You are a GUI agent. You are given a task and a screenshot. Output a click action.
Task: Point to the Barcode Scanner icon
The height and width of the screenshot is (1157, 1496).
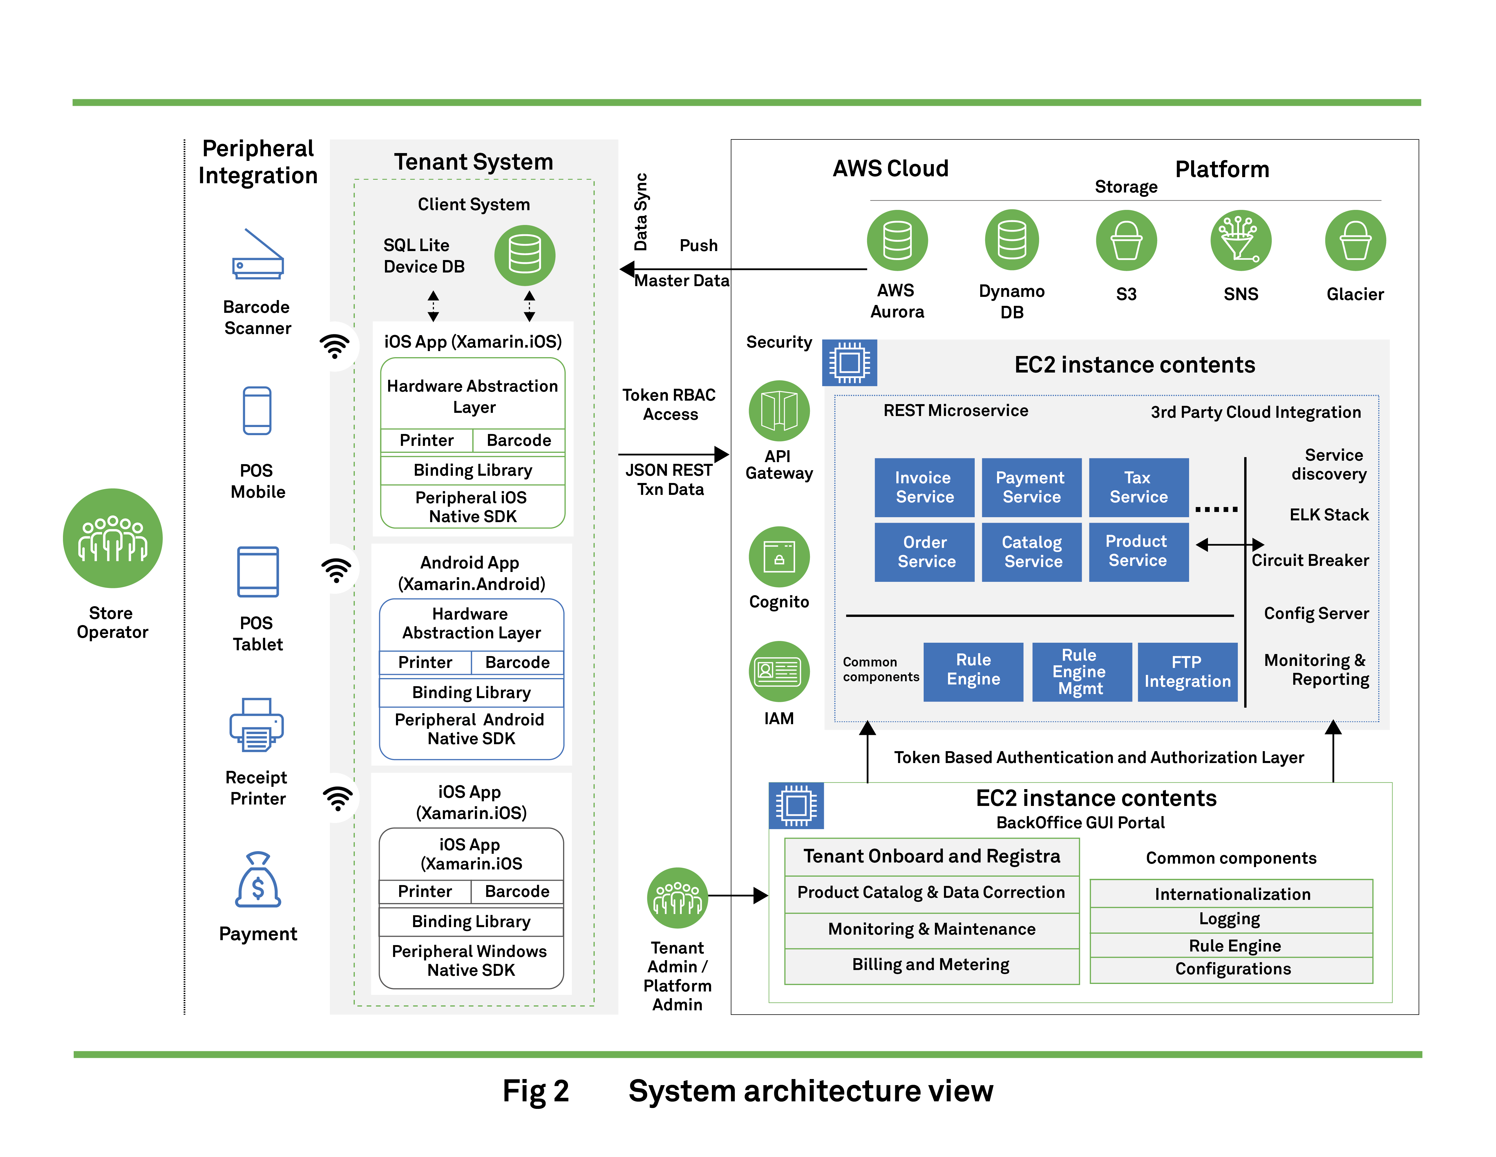click(258, 255)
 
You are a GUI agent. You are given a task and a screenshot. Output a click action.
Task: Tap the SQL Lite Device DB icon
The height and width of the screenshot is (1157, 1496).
click(525, 255)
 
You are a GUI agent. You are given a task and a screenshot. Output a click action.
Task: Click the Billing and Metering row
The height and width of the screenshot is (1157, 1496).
click(931, 965)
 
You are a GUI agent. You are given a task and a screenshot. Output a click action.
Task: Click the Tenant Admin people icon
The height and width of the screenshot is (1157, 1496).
click(677, 898)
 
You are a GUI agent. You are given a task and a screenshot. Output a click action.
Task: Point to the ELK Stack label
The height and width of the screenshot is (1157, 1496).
click(1328, 515)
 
